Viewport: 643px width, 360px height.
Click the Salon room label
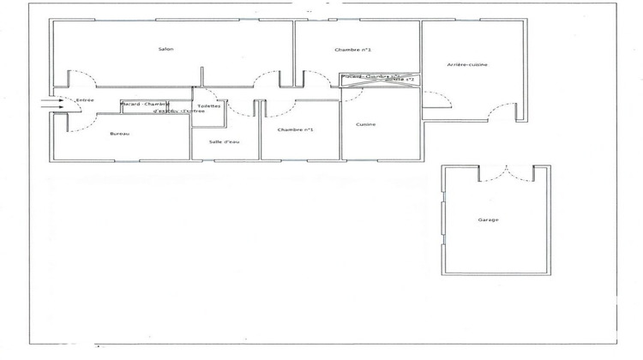pyautogui.click(x=166, y=49)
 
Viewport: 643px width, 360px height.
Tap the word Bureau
pyautogui.click(x=120, y=134)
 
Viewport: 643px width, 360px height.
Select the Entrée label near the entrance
pyautogui.click(x=84, y=100)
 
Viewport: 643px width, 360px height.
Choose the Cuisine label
pyautogui.click(x=365, y=124)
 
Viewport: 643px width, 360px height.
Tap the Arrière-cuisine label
pyautogui.click(x=467, y=65)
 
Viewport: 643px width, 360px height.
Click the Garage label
pyautogui.click(x=488, y=219)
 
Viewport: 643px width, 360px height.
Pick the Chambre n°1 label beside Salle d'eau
pyautogui.click(x=296, y=129)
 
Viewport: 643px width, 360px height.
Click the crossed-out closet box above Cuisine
pyautogui.click(x=377, y=79)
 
